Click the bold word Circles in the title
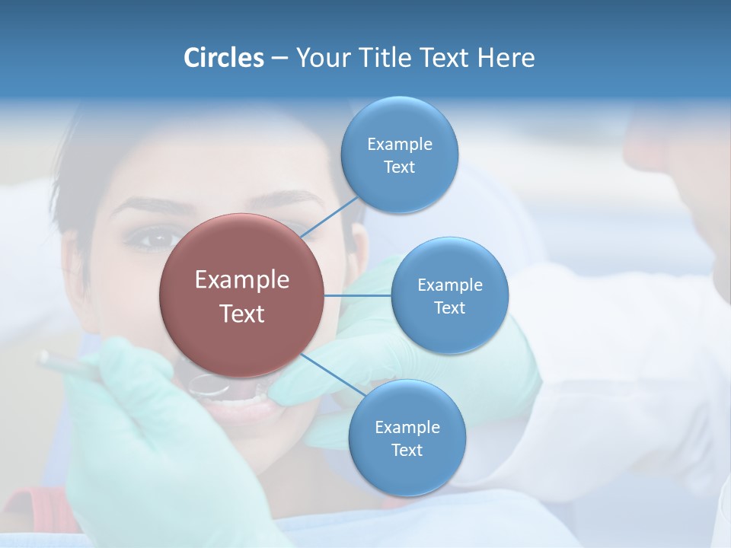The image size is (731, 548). point(223,58)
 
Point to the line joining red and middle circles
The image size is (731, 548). point(358,295)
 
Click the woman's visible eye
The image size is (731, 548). point(150,240)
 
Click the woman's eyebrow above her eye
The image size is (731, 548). point(145,205)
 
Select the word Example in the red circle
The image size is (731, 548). point(242,280)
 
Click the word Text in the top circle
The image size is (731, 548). point(399,167)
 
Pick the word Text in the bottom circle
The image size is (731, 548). point(407,451)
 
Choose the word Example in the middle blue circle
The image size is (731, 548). point(450,285)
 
